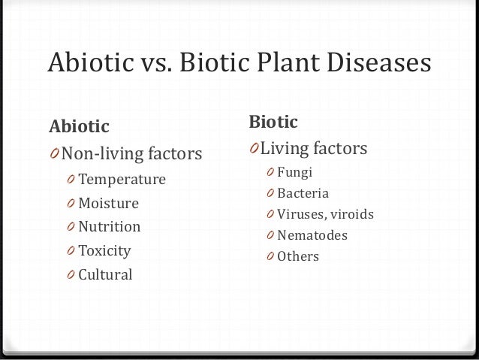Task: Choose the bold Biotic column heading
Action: pos(274,121)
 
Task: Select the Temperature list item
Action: pos(122,180)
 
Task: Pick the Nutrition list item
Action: pos(110,227)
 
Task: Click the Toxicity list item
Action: pos(104,250)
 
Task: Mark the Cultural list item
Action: pos(105,274)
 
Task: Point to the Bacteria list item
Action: pos(303,193)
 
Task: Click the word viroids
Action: pos(349,214)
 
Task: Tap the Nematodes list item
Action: pos(312,235)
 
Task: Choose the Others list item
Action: pos(298,256)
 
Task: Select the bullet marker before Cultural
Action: pos(70,274)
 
